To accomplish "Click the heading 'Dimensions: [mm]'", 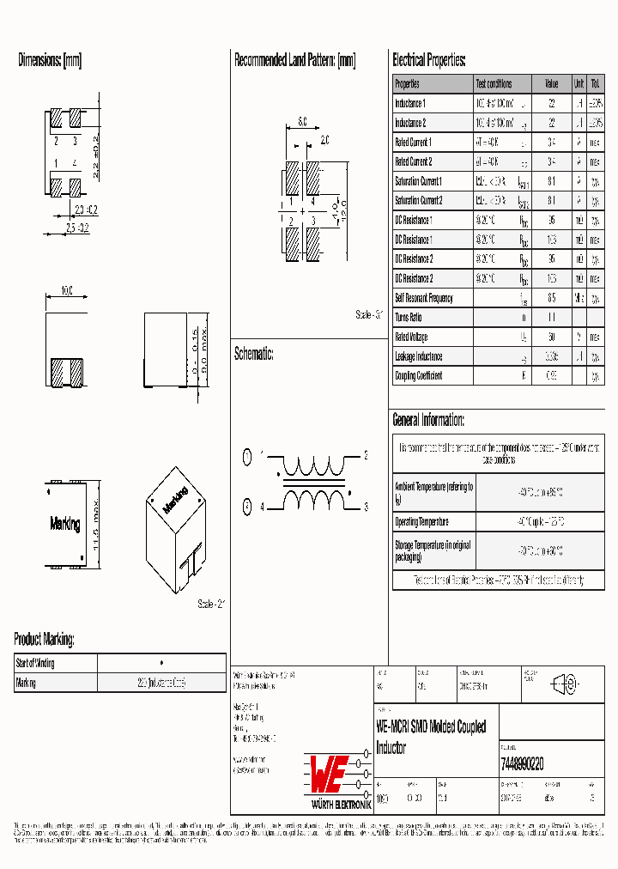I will click(x=50, y=61).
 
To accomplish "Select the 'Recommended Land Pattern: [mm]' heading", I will click(x=294, y=61).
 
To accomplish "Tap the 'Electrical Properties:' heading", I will click(x=428, y=61).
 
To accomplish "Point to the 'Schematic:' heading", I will click(x=253, y=354).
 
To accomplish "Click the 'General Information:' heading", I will click(x=428, y=420).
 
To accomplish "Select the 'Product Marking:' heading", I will click(x=44, y=640).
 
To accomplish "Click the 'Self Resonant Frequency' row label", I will click(x=423, y=298).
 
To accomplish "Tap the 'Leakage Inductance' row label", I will click(x=418, y=356).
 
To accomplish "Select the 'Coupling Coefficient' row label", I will click(x=418, y=376).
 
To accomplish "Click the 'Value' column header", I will click(x=551, y=84).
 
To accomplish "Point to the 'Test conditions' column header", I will click(x=494, y=84).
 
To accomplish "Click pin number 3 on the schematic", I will click(x=366, y=507).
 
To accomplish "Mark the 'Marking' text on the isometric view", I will click(x=175, y=496).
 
